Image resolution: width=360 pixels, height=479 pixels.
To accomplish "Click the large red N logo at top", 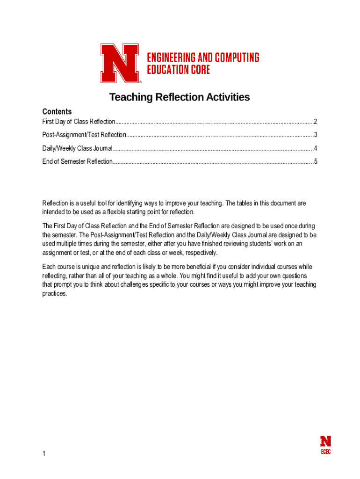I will tap(120, 63).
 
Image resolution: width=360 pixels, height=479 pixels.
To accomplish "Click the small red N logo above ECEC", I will tap(325, 441).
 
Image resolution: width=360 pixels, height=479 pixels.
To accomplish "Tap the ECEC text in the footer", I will tap(325, 452).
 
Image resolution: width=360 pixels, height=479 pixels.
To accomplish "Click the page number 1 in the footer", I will tap(44, 454).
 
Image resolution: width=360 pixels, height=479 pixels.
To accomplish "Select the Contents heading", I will tap(57, 111).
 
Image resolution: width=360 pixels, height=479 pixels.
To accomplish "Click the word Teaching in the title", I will tap(131, 97).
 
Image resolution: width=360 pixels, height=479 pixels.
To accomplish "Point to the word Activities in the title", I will tap(227, 97).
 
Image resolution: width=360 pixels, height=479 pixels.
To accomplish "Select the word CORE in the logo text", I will tap(199, 69).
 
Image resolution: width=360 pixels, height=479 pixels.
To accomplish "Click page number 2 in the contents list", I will tap(316, 122).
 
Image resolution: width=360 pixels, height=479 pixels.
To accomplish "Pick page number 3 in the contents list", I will tap(316, 135).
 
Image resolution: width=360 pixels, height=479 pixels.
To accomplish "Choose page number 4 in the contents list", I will tap(316, 149).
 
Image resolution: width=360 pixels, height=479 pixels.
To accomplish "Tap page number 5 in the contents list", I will tap(316, 162).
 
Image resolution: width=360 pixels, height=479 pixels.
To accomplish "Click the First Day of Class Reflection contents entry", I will tap(79, 122).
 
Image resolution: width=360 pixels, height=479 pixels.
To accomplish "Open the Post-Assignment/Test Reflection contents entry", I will tap(84, 135).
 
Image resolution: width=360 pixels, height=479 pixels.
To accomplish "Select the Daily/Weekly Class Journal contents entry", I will tap(77, 149).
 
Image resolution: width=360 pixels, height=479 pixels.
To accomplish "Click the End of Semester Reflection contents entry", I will tap(77, 162).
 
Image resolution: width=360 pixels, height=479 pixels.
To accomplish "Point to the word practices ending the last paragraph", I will tap(55, 294).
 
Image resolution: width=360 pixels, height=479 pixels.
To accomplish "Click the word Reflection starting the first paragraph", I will tap(56, 203).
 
